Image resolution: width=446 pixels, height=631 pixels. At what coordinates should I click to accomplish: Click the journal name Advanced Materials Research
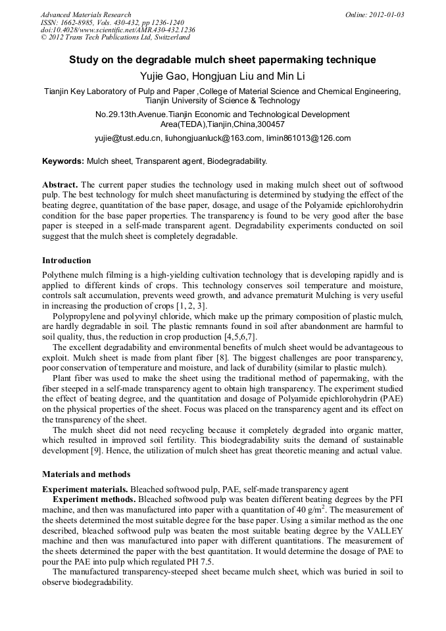tap(86, 14)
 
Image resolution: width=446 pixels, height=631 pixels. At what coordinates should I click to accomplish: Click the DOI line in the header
tap(118, 30)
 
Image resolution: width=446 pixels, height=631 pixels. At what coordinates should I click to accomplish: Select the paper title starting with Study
tap(222, 60)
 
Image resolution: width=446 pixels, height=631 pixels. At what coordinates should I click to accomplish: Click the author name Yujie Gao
tap(163, 76)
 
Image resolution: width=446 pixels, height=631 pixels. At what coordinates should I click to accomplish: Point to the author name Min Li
tap(290, 76)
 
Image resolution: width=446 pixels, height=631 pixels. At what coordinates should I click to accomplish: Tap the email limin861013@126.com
tap(309, 138)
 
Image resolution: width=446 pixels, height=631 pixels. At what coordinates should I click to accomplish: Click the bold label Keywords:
tap(63, 161)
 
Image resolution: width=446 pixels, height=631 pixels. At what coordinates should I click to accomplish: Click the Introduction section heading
tap(66, 261)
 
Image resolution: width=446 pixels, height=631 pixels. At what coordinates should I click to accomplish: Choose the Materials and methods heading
tap(86, 474)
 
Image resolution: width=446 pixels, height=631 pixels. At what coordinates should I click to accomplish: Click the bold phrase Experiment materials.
tap(85, 489)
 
